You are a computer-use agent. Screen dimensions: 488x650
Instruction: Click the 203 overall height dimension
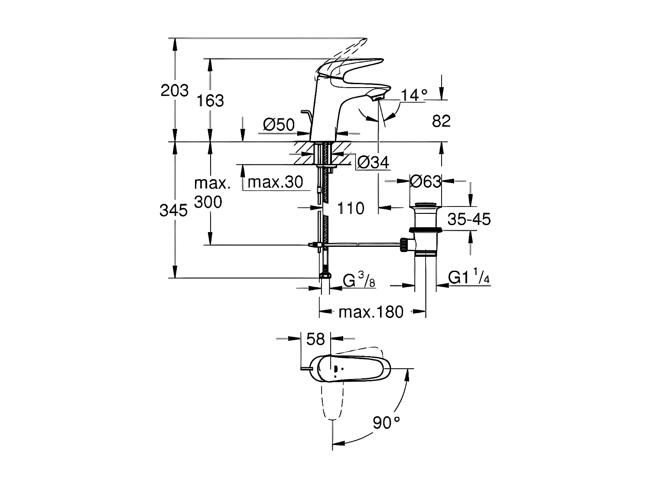click(175, 91)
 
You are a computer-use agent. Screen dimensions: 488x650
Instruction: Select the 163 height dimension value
click(211, 101)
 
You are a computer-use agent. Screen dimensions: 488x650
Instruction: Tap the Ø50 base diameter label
click(279, 125)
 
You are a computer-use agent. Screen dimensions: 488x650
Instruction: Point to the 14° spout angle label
click(413, 95)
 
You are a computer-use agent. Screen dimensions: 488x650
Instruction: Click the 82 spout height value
click(441, 121)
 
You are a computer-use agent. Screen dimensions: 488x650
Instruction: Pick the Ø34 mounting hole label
click(373, 163)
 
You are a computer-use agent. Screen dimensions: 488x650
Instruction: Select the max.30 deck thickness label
click(275, 182)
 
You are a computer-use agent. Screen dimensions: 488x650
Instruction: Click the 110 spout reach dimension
click(351, 209)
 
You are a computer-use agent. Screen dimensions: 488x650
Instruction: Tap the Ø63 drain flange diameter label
click(426, 182)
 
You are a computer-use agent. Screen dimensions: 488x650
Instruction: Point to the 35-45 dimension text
click(469, 219)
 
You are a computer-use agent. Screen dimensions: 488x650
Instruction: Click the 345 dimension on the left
click(173, 211)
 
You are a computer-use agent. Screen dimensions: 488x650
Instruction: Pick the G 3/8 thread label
click(359, 281)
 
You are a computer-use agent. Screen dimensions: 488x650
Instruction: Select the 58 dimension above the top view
click(315, 339)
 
